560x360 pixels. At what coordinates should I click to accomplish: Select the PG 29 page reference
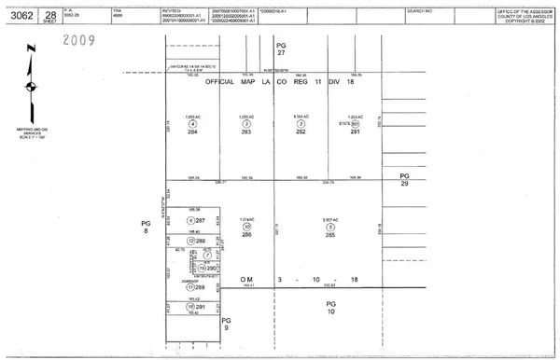[404, 181]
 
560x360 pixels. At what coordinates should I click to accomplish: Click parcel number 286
[246, 235]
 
